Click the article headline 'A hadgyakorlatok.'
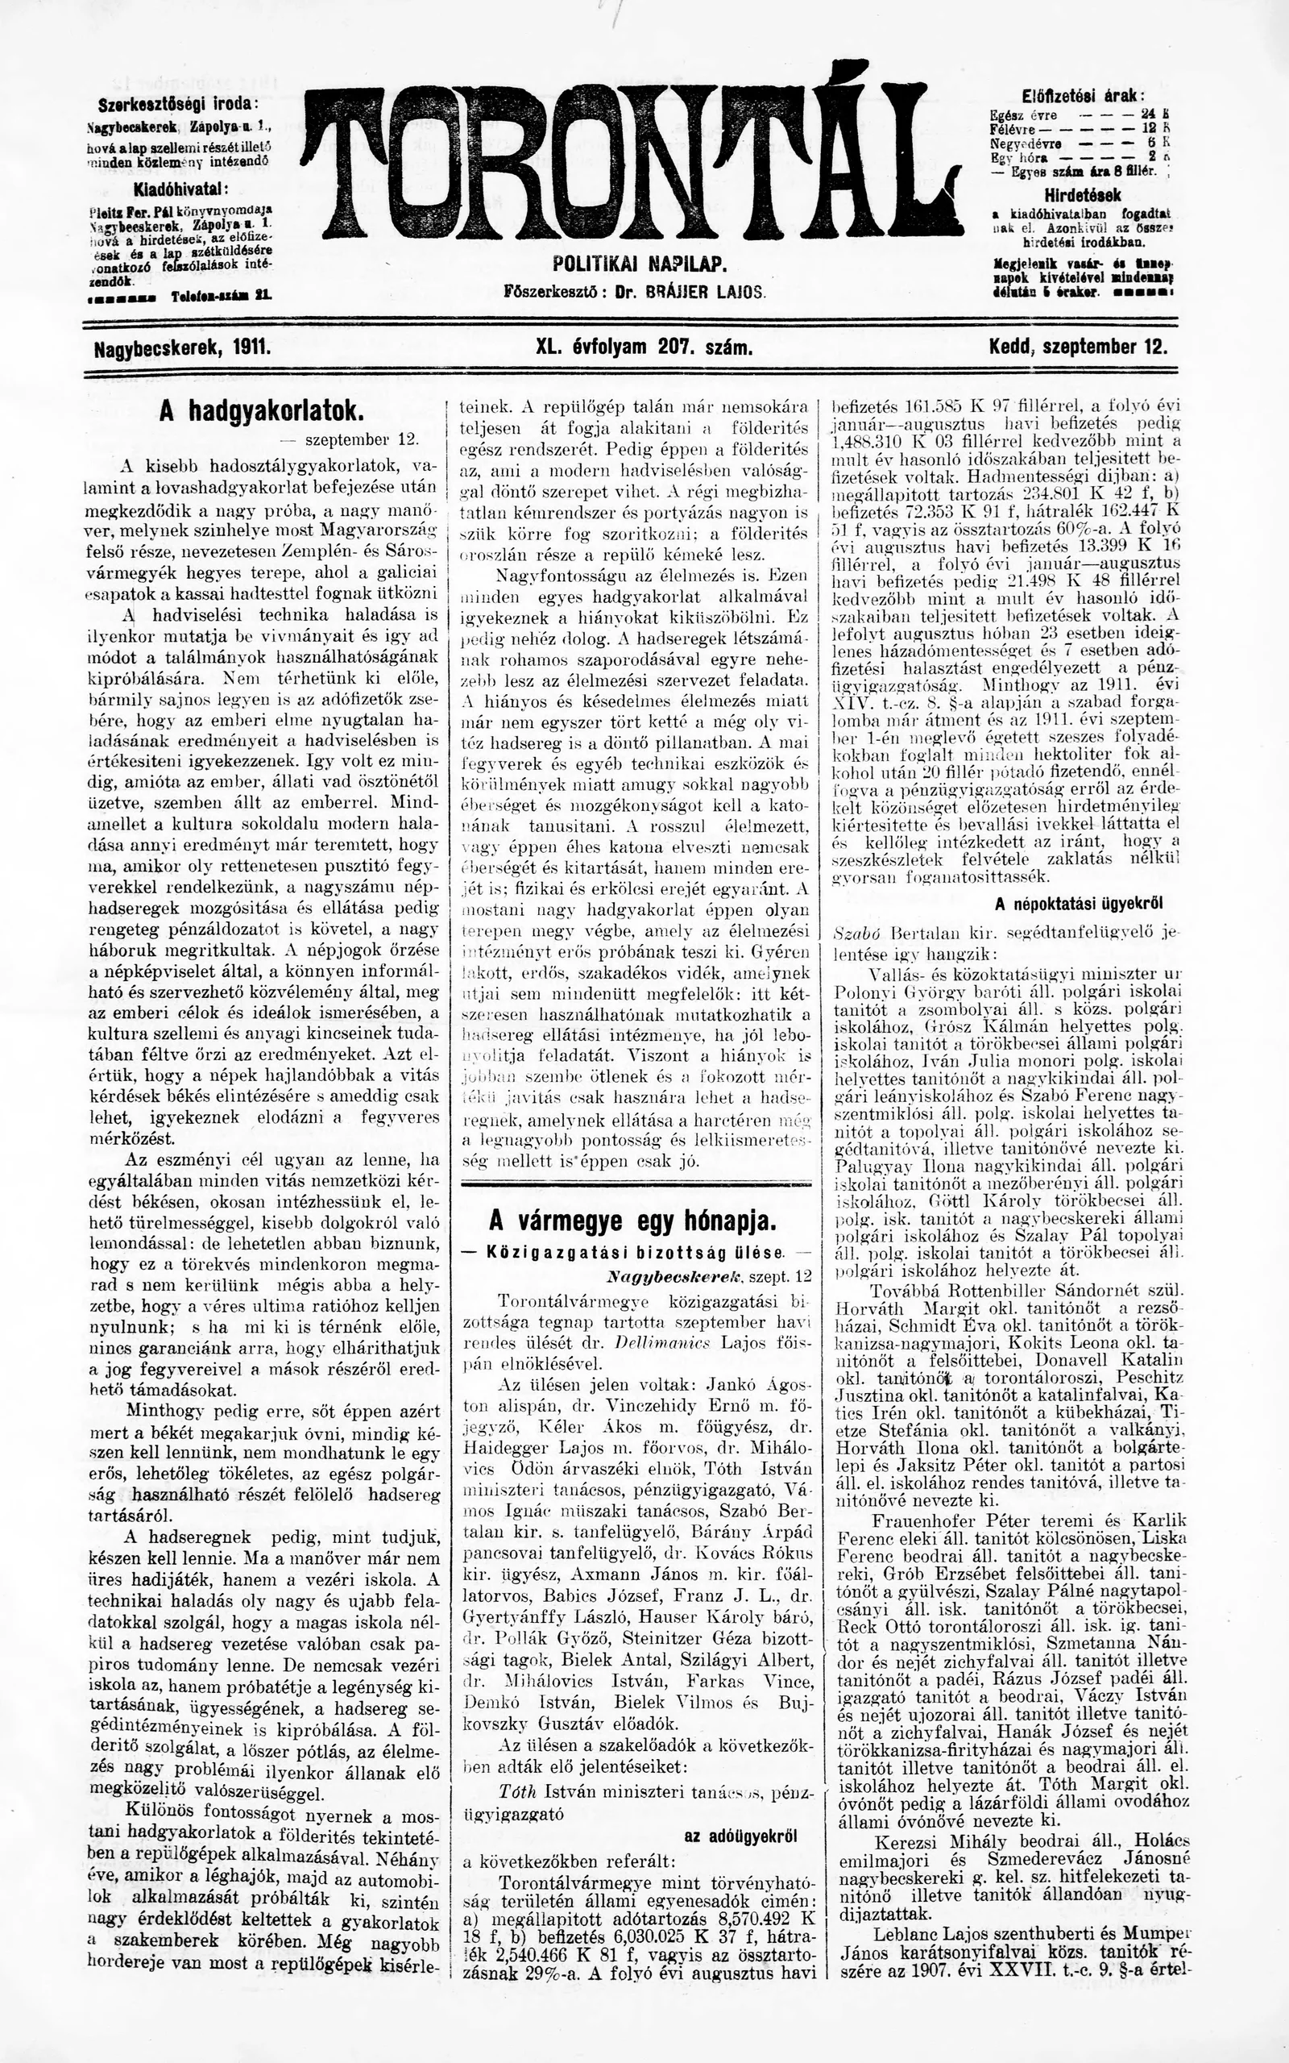[x=262, y=411]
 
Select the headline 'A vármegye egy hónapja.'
[x=632, y=1221]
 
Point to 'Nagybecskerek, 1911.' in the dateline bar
[x=181, y=348]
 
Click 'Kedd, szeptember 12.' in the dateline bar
[x=1079, y=348]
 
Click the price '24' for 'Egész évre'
[x=1146, y=114]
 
